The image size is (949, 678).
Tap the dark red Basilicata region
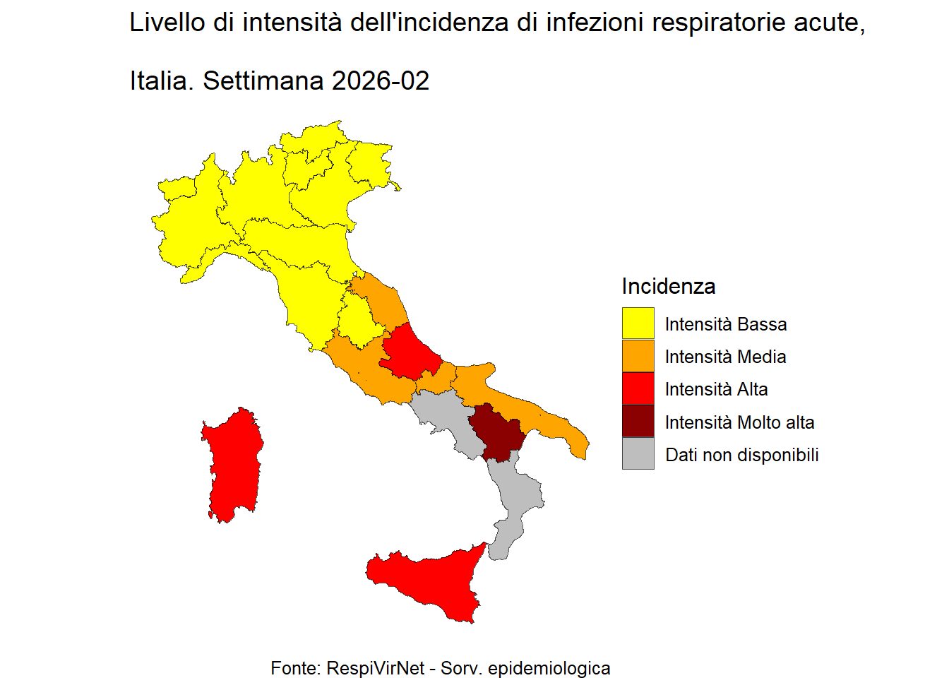pos(496,432)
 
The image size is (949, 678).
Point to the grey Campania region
pos(445,420)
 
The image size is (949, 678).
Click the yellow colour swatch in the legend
pos(638,323)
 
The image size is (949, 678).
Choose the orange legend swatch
pos(638,357)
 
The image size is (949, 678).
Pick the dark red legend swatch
pos(638,422)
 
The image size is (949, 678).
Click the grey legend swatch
pos(638,454)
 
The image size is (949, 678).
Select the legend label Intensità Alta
pos(716,389)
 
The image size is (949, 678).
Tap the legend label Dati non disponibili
pos(741,455)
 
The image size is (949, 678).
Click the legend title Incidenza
pos(668,286)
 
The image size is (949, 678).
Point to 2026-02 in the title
pos(380,81)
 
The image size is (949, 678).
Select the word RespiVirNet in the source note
pos(374,667)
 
